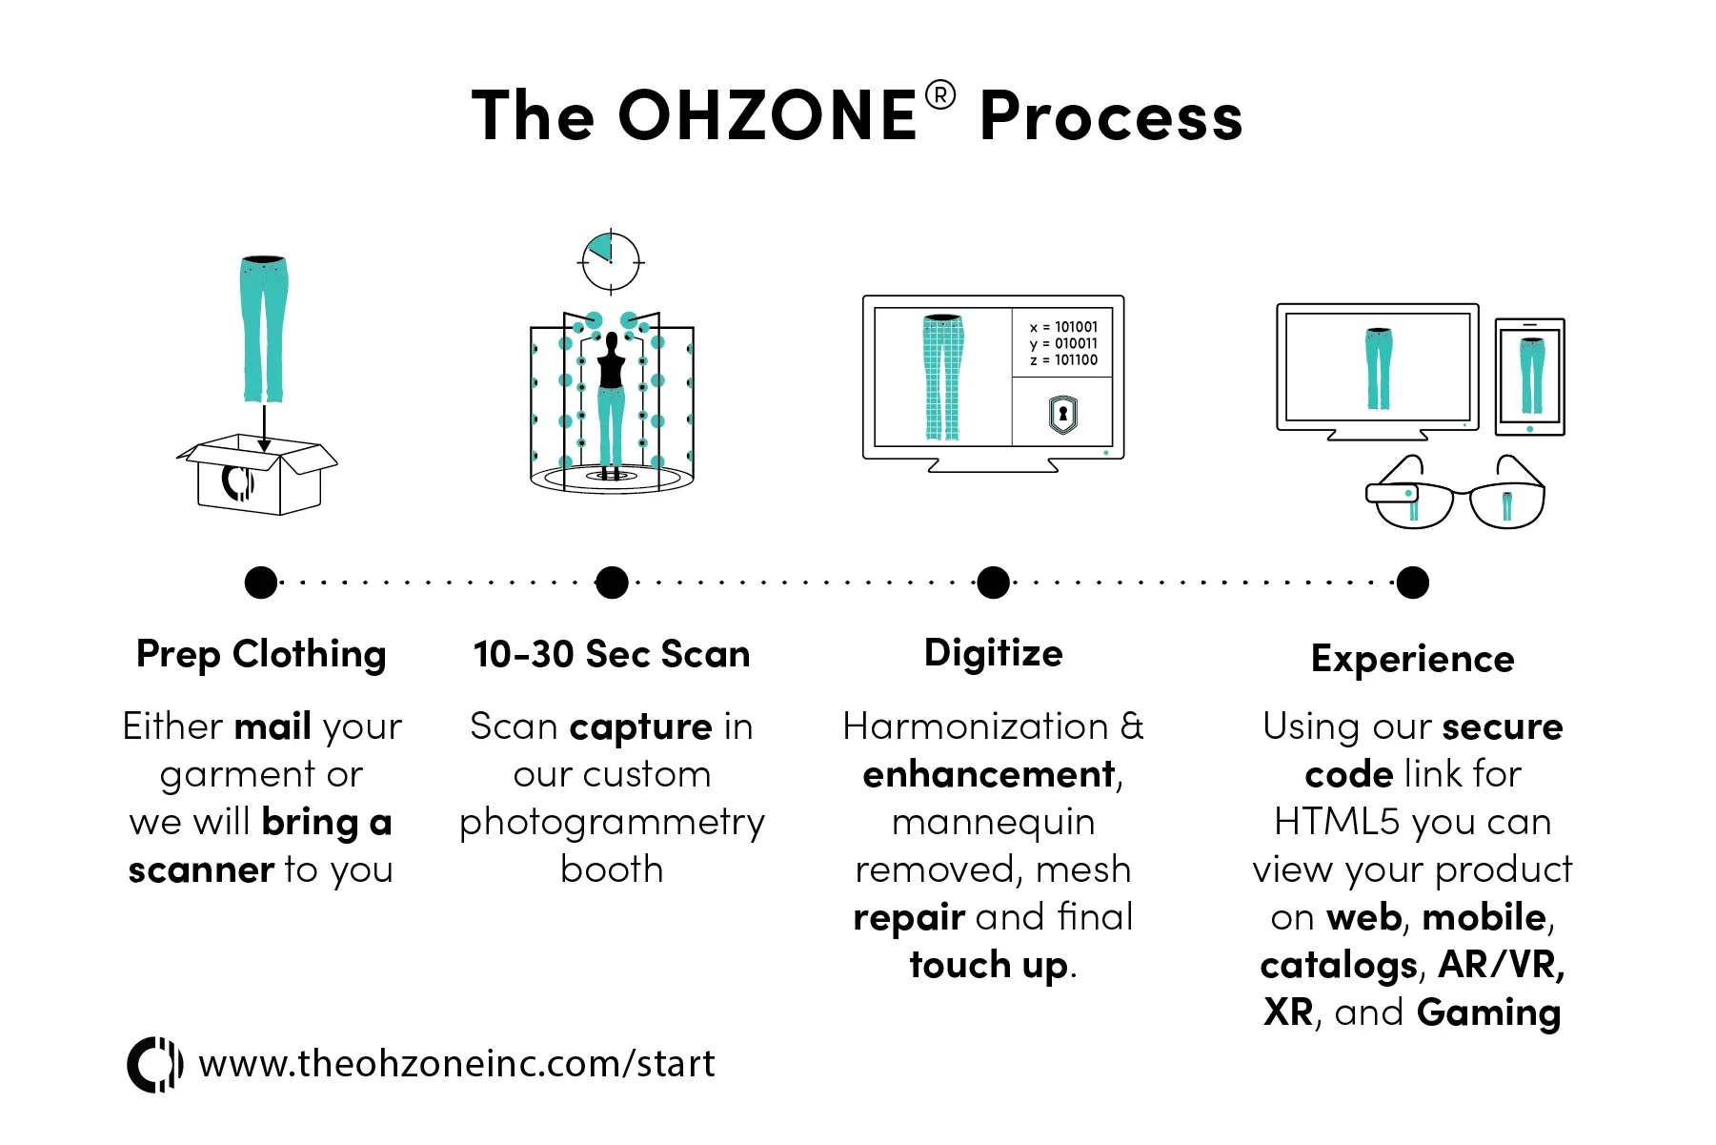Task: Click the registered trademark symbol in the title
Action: tap(939, 95)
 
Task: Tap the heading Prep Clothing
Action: tap(261, 654)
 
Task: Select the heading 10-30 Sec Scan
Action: tap(612, 654)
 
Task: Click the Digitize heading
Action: tap(993, 653)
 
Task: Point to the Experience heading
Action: tap(1412, 659)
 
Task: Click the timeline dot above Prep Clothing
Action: tap(261, 582)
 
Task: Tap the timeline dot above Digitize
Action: tap(993, 582)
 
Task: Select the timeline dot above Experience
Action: tap(1412, 582)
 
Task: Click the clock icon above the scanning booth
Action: tap(611, 261)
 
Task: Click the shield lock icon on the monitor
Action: tap(1062, 414)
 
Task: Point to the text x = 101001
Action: tap(1063, 327)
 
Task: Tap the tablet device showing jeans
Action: tap(1529, 377)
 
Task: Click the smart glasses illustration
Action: tap(1454, 496)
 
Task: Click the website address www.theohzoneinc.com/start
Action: tap(456, 1064)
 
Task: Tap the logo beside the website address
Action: tap(154, 1064)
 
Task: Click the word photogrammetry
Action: tap(612, 822)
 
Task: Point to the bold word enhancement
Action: tap(989, 774)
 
